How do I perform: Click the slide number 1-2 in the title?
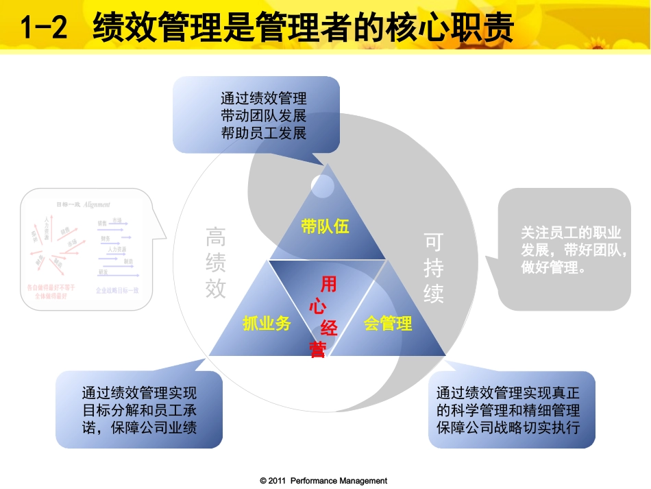click(x=45, y=29)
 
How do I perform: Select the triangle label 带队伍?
click(x=325, y=226)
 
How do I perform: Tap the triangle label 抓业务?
click(x=267, y=324)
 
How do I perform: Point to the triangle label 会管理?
click(x=388, y=323)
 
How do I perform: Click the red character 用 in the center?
click(x=329, y=284)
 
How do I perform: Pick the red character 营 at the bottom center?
click(x=317, y=350)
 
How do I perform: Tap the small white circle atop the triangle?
click(x=322, y=184)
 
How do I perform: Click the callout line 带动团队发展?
click(x=264, y=115)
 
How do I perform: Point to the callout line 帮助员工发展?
click(x=264, y=132)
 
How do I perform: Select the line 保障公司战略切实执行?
click(x=508, y=427)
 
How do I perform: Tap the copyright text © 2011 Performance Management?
click(x=323, y=481)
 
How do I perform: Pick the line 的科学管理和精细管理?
click(x=508, y=410)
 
